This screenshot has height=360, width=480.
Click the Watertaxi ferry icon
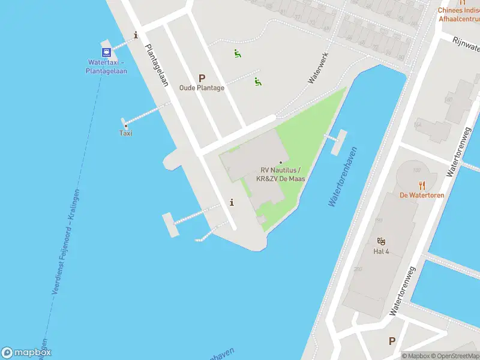tap(106, 51)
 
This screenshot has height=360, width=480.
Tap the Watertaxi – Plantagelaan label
tap(106, 66)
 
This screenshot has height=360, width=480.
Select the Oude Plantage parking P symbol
tap(202, 78)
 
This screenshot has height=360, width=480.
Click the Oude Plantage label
tap(202, 88)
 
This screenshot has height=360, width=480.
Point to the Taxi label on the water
tap(125, 133)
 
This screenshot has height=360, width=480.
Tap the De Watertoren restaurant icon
tap(422, 185)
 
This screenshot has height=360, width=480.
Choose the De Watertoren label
tap(421, 195)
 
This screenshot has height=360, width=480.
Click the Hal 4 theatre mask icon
tap(381, 241)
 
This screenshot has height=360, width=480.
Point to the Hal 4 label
tap(381, 251)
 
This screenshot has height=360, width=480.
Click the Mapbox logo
tap(26, 353)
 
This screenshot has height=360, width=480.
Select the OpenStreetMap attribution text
tap(454, 356)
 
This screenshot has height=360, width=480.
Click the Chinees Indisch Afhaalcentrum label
tap(458, 14)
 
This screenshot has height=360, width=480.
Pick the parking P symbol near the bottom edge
tap(392, 341)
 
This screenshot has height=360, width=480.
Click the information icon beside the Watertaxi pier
tap(136, 35)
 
